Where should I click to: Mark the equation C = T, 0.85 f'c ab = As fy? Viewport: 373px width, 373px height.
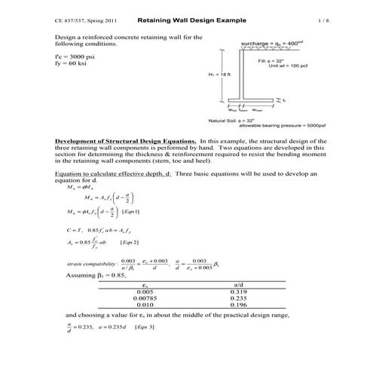point(98,228)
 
